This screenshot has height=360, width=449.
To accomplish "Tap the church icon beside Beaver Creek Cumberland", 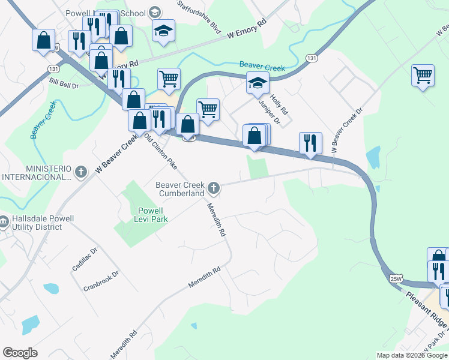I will pyautogui.click(x=212, y=189).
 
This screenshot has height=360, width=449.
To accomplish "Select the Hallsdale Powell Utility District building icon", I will pyautogui.click(x=3, y=223).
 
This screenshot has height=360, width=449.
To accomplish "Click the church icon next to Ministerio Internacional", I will pyautogui.click(x=82, y=173).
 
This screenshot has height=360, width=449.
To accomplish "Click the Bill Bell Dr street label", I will pyautogui.click(x=64, y=83).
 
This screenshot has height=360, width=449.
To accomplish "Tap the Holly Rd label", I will pyautogui.click(x=279, y=104).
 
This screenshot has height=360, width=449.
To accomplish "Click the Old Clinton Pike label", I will pyautogui.click(x=160, y=150).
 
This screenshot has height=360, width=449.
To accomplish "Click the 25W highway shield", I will pyautogui.click(x=396, y=278).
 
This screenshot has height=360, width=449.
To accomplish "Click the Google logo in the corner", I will pyautogui.click(x=20, y=353).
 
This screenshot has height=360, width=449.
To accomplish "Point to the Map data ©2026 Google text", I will pyautogui.click(x=411, y=355).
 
